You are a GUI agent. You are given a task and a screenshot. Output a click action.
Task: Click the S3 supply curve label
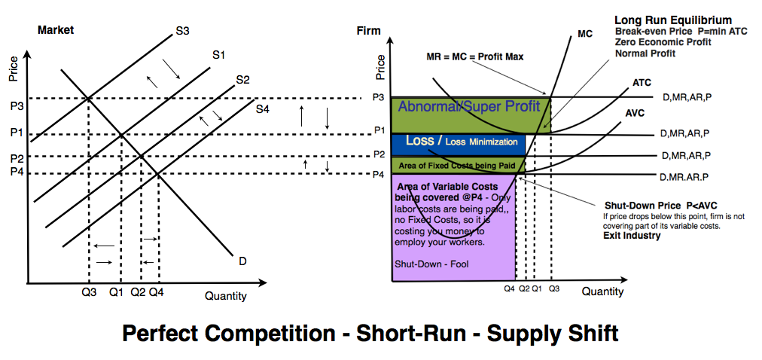[x=182, y=31]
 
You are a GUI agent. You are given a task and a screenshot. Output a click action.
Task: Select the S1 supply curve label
[x=219, y=55]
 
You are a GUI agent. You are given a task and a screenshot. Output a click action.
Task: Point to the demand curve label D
[x=242, y=261]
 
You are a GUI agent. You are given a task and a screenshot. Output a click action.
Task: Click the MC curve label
[x=585, y=34]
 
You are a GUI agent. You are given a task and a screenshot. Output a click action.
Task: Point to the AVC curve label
[x=636, y=114]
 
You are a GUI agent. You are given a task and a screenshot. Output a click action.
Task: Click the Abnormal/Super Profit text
[x=469, y=107]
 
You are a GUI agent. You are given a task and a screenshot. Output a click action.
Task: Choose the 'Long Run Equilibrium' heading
[x=673, y=20]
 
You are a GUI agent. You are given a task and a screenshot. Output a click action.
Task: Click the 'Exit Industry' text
[x=632, y=236]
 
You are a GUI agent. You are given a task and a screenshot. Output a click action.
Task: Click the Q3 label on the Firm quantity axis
[x=554, y=288]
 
